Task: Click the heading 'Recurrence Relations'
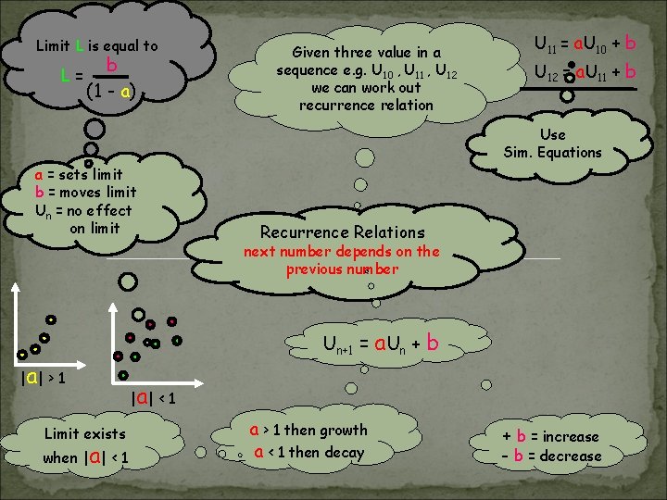pos(342,232)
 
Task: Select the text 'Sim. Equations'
pos(552,153)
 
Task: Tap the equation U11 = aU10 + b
pos(585,43)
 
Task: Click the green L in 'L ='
pos(63,75)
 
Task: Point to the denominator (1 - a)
pos(110,91)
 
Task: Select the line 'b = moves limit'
pos(85,193)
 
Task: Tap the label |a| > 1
pos(42,377)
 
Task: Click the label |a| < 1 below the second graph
pos(154,398)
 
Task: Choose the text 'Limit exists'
pos(85,433)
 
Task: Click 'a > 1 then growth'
pos(308,430)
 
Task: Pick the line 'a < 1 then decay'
pos(308,453)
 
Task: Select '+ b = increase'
pos(550,436)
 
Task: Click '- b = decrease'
pos(550,456)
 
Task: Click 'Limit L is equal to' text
pos(96,45)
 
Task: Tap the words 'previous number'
pos(342,269)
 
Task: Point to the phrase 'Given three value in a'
pos(366,53)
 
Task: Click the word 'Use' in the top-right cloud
pos(552,135)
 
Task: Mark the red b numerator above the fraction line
pos(110,65)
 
